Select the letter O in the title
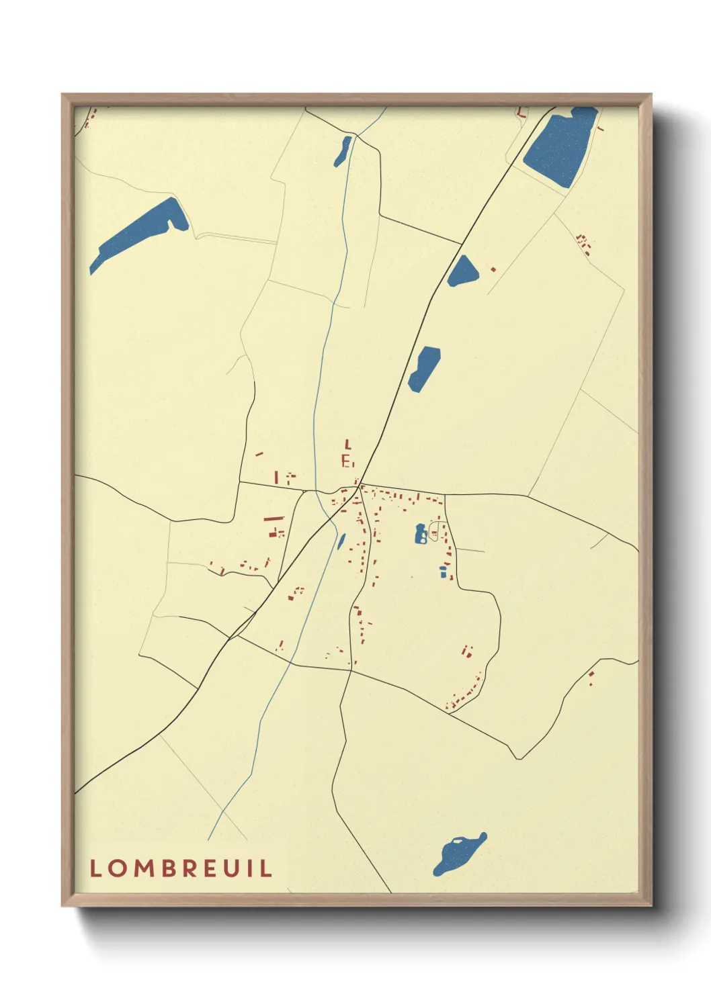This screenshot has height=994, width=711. pyautogui.click(x=120, y=868)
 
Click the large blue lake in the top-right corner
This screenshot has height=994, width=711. pyautogui.click(x=560, y=146)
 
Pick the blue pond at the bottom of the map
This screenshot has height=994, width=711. pyautogui.click(x=459, y=853)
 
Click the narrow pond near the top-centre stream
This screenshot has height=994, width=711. pyautogui.click(x=343, y=151)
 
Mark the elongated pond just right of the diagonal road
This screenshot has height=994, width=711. pyautogui.click(x=424, y=368)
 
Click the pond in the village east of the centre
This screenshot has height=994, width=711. pyautogui.click(x=421, y=534)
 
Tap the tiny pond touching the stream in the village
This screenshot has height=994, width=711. pyautogui.click(x=341, y=541)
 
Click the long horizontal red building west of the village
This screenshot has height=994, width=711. pyautogui.click(x=274, y=518)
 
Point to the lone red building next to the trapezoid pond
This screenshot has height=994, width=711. pyautogui.click(x=493, y=269)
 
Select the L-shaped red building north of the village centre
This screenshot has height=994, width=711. pyautogui.click(x=347, y=444)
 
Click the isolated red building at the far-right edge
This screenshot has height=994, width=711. pyautogui.click(x=591, y=675)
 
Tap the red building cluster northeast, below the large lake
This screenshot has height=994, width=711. pyautogui.click(x=584, y=244)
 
